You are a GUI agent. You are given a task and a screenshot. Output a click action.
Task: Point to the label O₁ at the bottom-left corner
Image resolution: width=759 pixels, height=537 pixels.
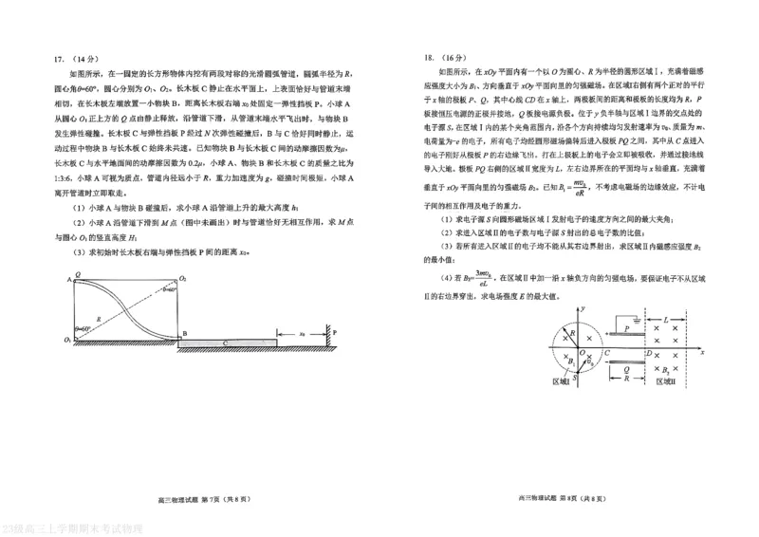pos(66,339)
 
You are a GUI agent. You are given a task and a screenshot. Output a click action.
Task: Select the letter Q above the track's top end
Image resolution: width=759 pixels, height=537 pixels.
pos(77,273)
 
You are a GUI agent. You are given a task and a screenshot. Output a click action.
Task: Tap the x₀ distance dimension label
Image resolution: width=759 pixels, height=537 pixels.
pos(301,333)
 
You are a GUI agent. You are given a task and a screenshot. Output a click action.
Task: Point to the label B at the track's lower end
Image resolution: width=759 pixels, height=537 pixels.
pos(186,334)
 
